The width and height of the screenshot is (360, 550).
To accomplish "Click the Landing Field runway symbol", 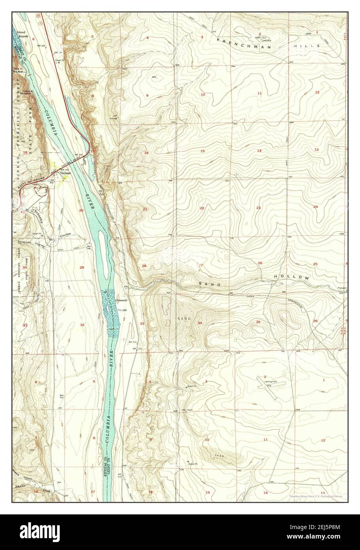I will coord(268,385).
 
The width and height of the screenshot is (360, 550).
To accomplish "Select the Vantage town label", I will coord(66,173).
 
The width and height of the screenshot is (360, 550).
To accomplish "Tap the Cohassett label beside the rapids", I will coord(121,301).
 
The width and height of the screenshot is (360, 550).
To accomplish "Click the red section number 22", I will coord(202,208).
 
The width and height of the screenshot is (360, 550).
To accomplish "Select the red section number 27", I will coord(201,265).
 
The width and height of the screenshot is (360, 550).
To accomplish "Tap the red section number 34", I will coord(200,323).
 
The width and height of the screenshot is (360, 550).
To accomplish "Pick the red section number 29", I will coord(82,268).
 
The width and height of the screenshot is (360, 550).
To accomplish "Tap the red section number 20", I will coord(81,210).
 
